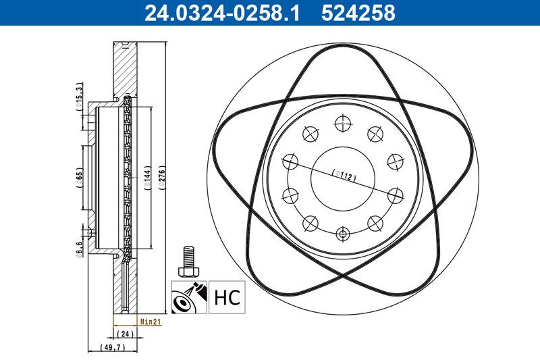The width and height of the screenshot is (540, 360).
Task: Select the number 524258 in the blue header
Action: pos(358,13)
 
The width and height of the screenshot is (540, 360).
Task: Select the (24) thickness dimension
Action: pos(124,334)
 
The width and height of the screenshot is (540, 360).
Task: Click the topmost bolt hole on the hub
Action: pos(344,123)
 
